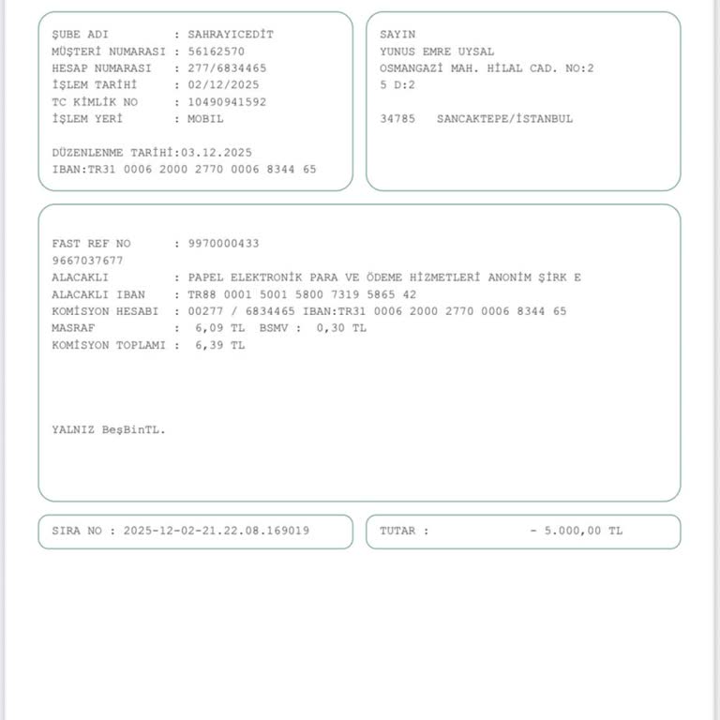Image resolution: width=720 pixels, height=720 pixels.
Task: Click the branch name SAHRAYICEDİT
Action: (x=231, y=35)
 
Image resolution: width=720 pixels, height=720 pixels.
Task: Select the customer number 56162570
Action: (x=216, y=52)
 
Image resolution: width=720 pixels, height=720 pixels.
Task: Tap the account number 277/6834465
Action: (x=227, y=68)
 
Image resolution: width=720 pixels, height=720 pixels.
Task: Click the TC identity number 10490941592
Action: (x=227, y=102)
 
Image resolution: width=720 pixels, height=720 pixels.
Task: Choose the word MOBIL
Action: (x=205, y=119)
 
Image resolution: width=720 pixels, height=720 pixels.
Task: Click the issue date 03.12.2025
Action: (x=217, y=152)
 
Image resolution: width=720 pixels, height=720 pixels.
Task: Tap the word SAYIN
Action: (x=397, y=35)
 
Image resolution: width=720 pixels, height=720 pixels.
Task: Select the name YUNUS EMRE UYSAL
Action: (x=437, y=52)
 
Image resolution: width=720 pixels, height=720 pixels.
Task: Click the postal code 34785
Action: (x=397, y=119)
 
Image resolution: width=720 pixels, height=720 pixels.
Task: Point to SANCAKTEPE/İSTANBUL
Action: (x=504, y=119)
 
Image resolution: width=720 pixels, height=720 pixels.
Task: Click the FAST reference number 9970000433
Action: (x=223, y=244)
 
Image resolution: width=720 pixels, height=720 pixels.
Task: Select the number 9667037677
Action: (x=87, y=261)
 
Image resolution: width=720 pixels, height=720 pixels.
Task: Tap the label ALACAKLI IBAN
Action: (x=98, y=294)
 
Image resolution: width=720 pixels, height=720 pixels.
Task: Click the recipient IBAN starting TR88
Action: (x=302, y=294)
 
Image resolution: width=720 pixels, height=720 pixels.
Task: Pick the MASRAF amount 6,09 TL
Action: (x=219, y=328)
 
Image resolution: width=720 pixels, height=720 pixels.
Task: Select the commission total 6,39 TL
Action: (x=219, y=345)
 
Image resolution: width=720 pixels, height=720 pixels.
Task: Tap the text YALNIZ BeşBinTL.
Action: (x=108, y=429)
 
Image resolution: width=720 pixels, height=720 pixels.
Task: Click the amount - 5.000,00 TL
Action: (x=576, y=531)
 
